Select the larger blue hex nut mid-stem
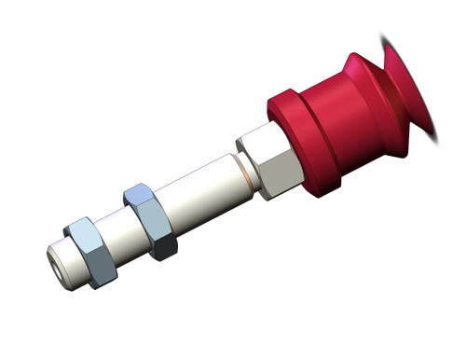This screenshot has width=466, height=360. (x=150, y=220)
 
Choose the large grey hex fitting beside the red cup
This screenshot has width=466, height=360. (x=270, y=162)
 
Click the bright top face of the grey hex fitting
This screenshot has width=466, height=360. (x=256, y=138)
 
